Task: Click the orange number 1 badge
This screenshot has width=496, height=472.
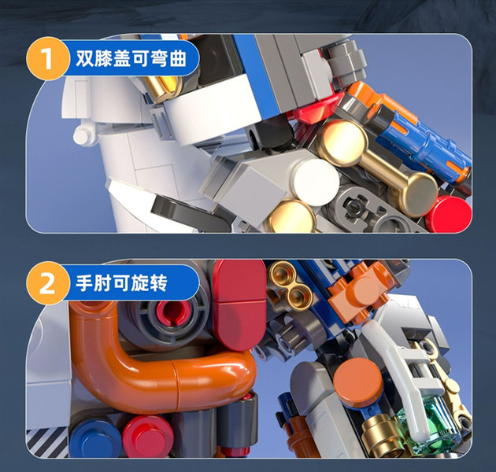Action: [x=47, y=58]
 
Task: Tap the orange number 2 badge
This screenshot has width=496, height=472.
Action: [x=47, y=283]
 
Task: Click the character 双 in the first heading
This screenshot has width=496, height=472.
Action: [x=85, y=58]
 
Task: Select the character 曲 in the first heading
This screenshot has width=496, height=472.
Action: [x=177, y=58]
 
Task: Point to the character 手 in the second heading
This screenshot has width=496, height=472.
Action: [x=84, y=283]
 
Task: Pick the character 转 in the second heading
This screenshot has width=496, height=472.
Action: [x=158, y=283]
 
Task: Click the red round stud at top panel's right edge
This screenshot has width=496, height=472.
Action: [x=450, y=214]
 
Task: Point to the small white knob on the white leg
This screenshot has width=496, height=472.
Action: [x=83, y=135]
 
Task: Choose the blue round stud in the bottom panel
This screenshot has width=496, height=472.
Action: [x=94, y=437]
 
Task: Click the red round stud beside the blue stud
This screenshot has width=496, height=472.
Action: [x=148, y=435]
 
